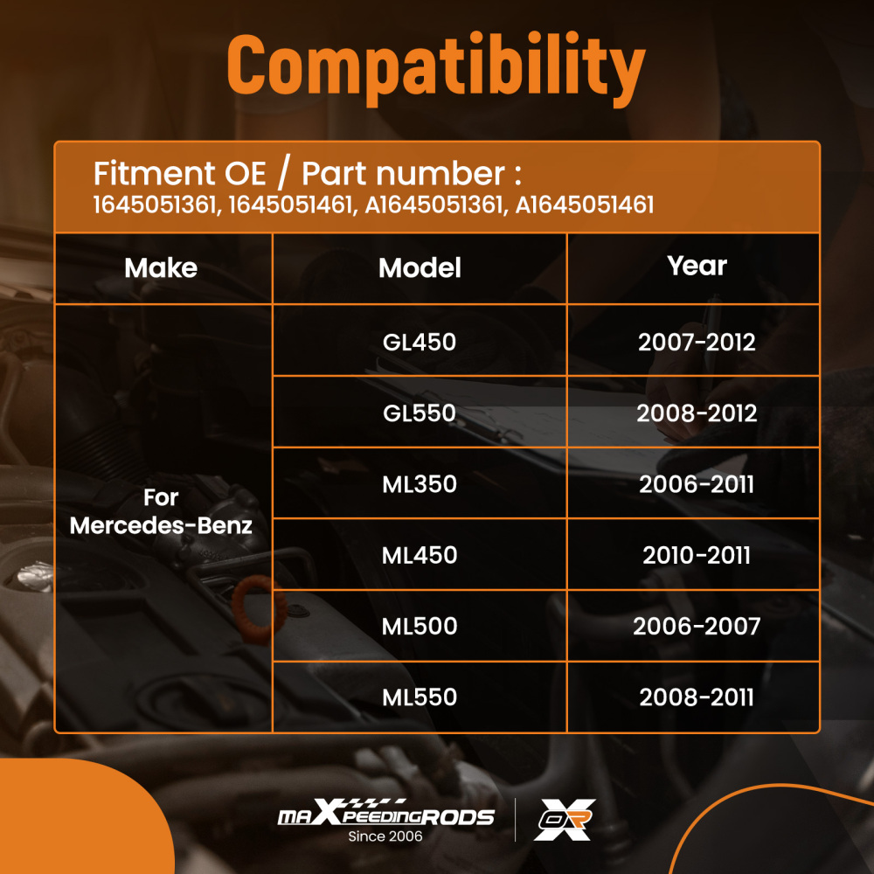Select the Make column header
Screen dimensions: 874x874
[161, 268]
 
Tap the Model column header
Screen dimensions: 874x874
[420, 268]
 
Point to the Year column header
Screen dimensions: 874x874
[697, 266]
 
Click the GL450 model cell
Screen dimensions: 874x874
[420, 342]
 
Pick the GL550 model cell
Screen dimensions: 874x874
[420, 413]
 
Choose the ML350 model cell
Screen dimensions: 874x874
[420, 484]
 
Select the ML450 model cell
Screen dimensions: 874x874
[420, 555]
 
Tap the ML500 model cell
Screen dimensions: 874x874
[420, 626]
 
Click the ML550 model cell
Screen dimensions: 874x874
[420, 697]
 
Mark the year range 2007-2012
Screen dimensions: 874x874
[697, 342]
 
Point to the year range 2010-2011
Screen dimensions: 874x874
[697, 555]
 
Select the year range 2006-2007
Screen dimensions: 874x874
[697, 626]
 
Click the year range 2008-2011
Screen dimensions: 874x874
[697, 697]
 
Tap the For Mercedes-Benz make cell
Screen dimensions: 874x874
[161, 511]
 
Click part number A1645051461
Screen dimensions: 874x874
[584, 205]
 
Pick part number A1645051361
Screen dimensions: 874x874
[434, 205]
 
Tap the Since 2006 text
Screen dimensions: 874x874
[385, 836]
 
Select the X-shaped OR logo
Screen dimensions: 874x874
[565, 820]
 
